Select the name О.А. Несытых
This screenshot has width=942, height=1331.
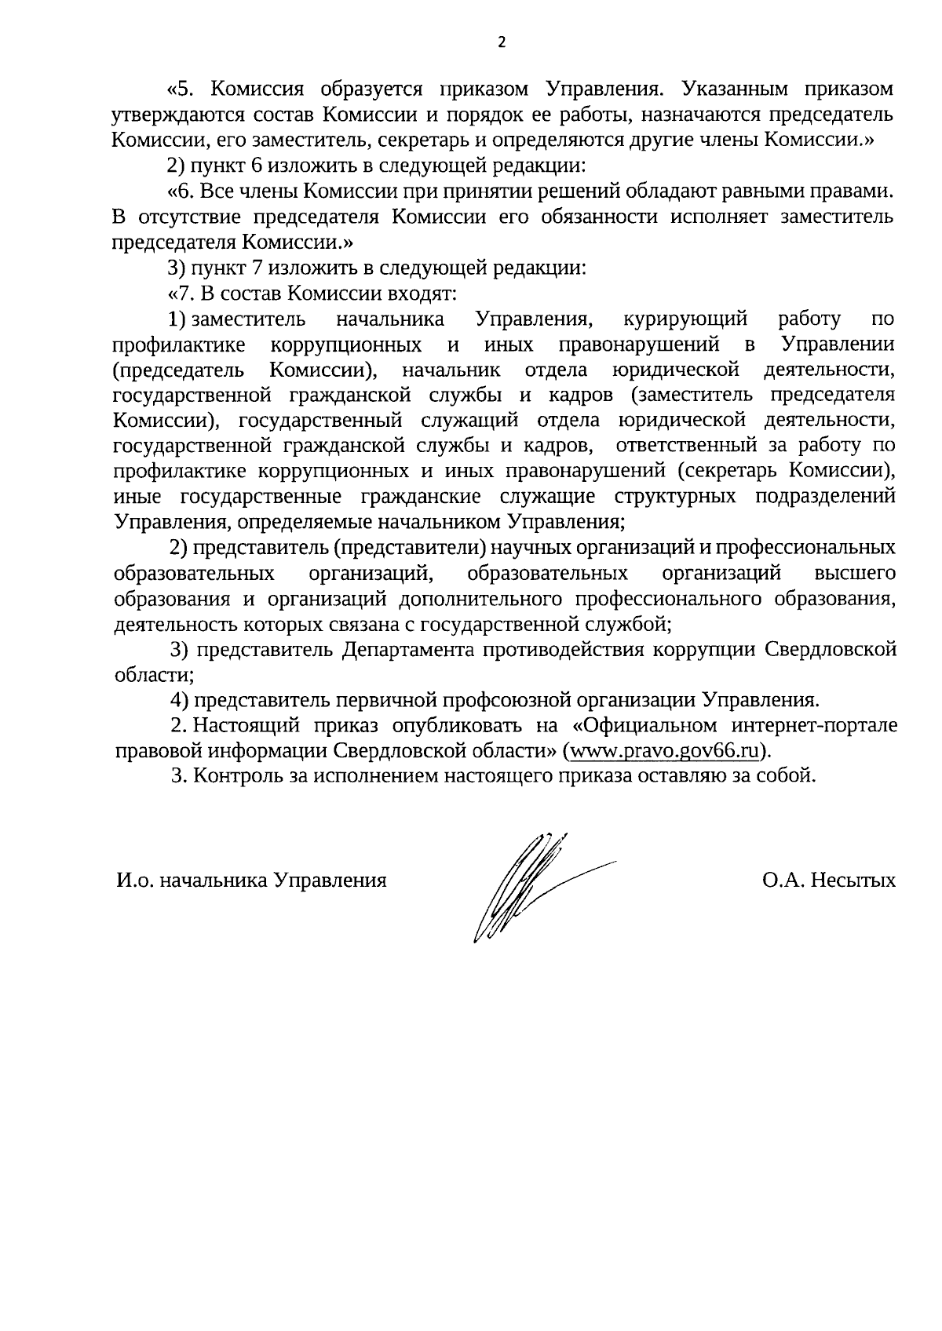[828, 880]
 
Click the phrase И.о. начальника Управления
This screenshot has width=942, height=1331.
[251, 880]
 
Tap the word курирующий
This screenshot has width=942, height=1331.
[685, 319]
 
